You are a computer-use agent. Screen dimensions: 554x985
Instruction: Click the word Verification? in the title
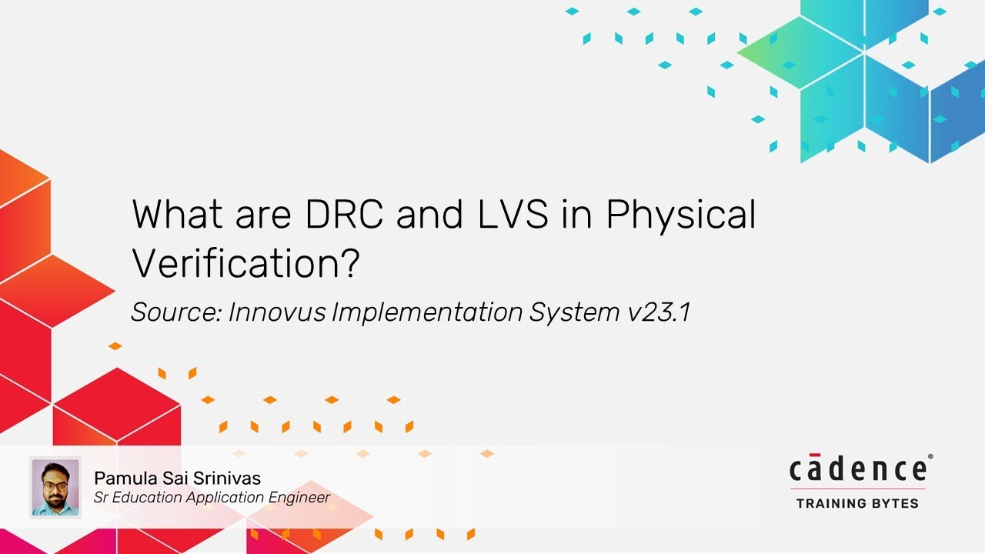[x=246, y=264]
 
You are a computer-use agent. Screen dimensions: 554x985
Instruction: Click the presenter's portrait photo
[x=55, y=487]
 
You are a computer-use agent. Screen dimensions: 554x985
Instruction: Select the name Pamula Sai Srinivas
[x=177, y=479]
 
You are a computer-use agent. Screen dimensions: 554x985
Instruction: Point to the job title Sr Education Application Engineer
[x=212, y=498]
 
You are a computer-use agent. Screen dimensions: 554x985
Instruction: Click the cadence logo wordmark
[x=857, y=469]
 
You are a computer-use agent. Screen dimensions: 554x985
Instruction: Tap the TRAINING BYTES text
[x=857, y=504]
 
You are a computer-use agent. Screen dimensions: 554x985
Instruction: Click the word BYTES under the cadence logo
[x=895, y=504]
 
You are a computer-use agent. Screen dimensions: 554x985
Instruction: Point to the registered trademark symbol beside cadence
[x=930, y=457]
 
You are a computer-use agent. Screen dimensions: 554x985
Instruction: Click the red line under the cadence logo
[x=857, y=489]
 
